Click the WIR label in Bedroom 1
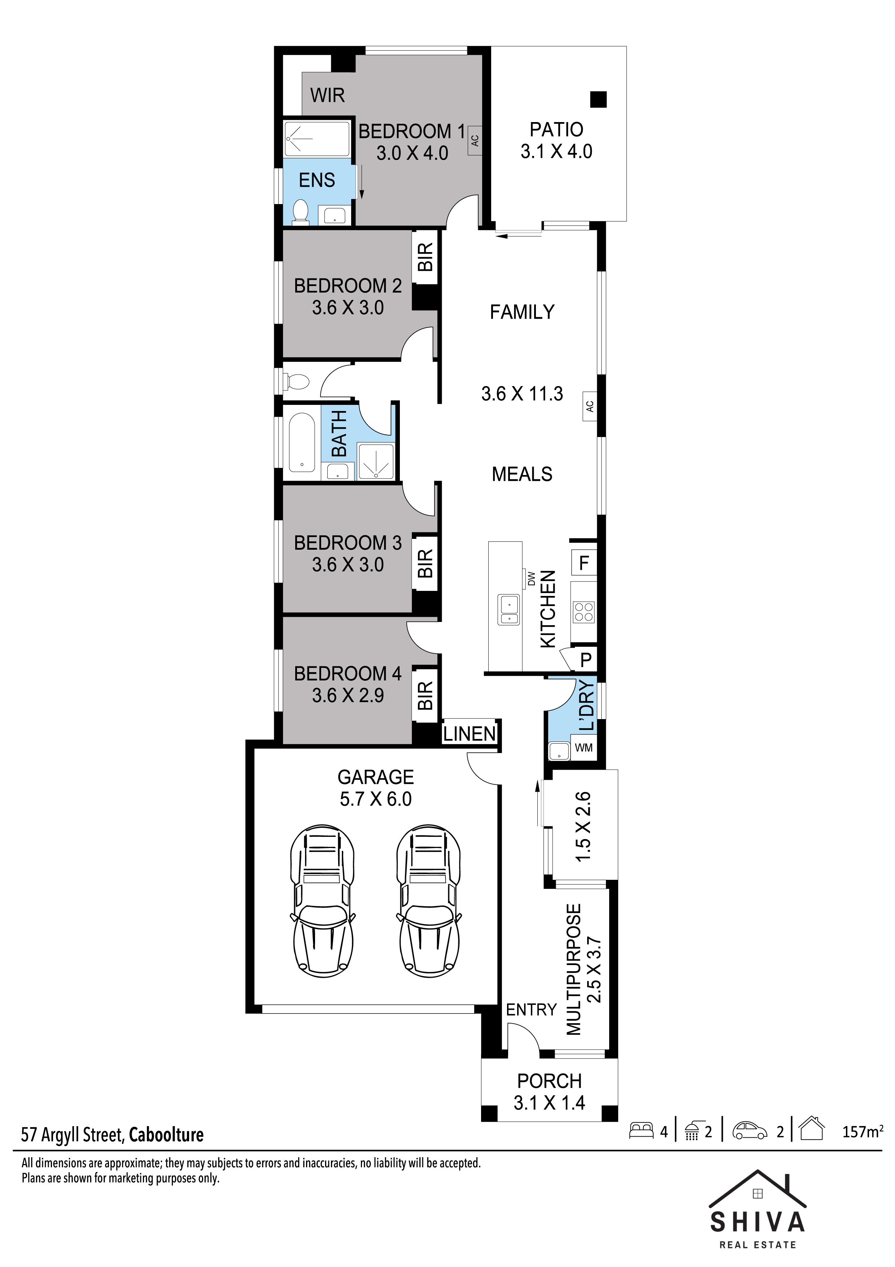pyautogui.click(x=328, y=95)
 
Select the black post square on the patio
pyautogui.click(x=598, y=99)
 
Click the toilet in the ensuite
pyautogui.click(x=301, y=212)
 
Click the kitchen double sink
pyautogui.click(x=508, y=610)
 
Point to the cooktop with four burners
pyautogui.click(x=584, y=611)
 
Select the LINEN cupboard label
pyautogui.click(x=470, y=734)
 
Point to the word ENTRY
pyautogui.click(x=532, y=1010)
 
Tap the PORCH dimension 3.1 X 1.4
pyautogui.click(x=549, y=1103)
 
